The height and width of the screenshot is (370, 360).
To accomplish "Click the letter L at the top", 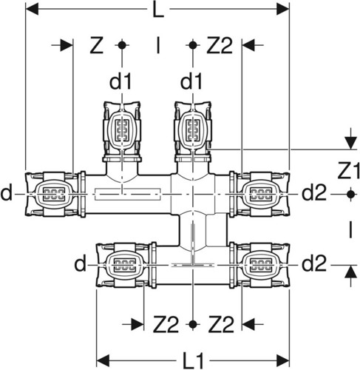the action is (x=158, y=10).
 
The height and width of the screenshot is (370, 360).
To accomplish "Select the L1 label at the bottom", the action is (x=194, y=361).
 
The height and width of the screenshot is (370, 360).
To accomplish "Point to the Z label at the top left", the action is (x=96, y=45).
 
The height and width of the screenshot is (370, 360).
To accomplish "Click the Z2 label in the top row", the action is (x=220, y=45).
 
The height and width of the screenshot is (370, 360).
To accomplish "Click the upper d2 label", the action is (x=314, y=193).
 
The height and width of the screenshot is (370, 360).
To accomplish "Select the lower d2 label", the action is (x=314, y=263).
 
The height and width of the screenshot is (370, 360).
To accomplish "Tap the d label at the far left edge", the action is (x=6, y=193).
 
